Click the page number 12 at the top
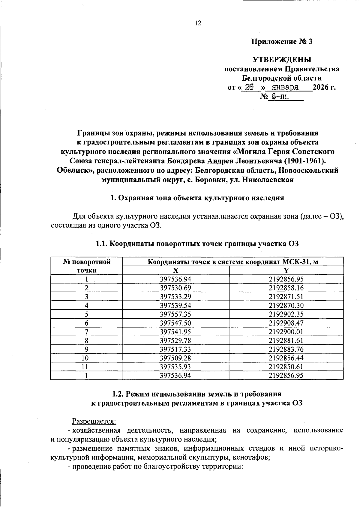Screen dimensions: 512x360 coord(198,23)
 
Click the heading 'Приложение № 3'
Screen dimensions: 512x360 coord(282,42)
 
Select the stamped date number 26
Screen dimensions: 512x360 coord(249,87)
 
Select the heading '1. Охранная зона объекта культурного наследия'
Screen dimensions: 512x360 coord(197,198)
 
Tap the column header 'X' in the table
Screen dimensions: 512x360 coord(176,270)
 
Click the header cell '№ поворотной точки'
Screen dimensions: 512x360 coord(86,266)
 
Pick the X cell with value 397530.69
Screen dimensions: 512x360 coord(176,288)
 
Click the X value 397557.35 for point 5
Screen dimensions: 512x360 coord(176,314)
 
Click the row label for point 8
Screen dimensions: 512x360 coord(86,341)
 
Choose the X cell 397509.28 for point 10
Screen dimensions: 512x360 coord(176,358)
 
